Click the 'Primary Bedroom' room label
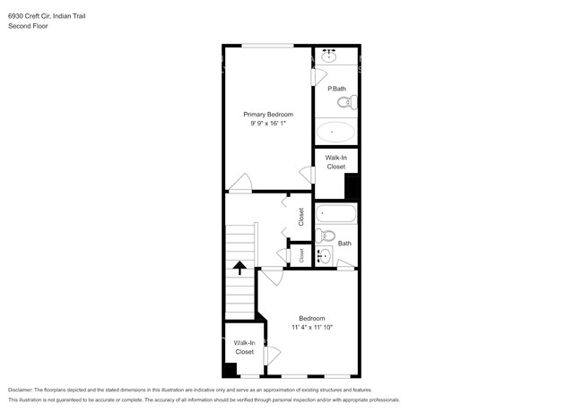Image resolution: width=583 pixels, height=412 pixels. (x=268, y=115)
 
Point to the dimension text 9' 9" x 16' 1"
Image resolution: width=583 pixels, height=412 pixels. (x=268, y=124)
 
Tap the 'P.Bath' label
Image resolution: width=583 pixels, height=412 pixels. (x=336, y=89)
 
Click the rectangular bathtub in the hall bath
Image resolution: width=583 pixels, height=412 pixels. (x=336, y=215)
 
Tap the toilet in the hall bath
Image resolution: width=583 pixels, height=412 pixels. (x=325, y=236)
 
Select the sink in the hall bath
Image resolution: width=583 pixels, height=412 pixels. (x=325, y=256)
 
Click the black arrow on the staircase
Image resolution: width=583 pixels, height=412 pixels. (x=239, y=266)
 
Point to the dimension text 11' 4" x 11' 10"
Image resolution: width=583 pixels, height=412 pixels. (x=311, y=328)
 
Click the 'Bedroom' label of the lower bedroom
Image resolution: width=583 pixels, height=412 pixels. (x=311, y=318)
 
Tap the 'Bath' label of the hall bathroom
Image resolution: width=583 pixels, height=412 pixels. (x=344, y=243)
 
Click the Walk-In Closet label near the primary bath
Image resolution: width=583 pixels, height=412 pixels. (x=335, y=162)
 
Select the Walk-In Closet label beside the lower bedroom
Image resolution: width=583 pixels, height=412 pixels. (x=245, y=348)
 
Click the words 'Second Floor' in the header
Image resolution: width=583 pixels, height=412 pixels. (x=28, y=27)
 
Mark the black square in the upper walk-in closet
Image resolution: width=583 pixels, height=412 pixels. (x=352, y=186)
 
